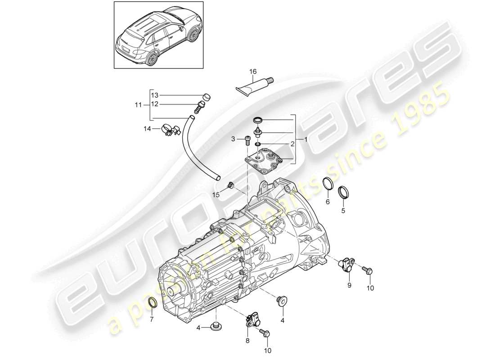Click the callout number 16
pyautogui.click(x=253, y=72)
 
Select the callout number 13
pyautogui.click(x=155, y=95)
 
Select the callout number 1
pyautogui.click(x=306, y=140)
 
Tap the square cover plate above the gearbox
pyautogui.click(x=263, y=160)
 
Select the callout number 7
pyautogui.click(x=152, y=320)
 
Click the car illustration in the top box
pyautogui.click(x=157, y=35)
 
